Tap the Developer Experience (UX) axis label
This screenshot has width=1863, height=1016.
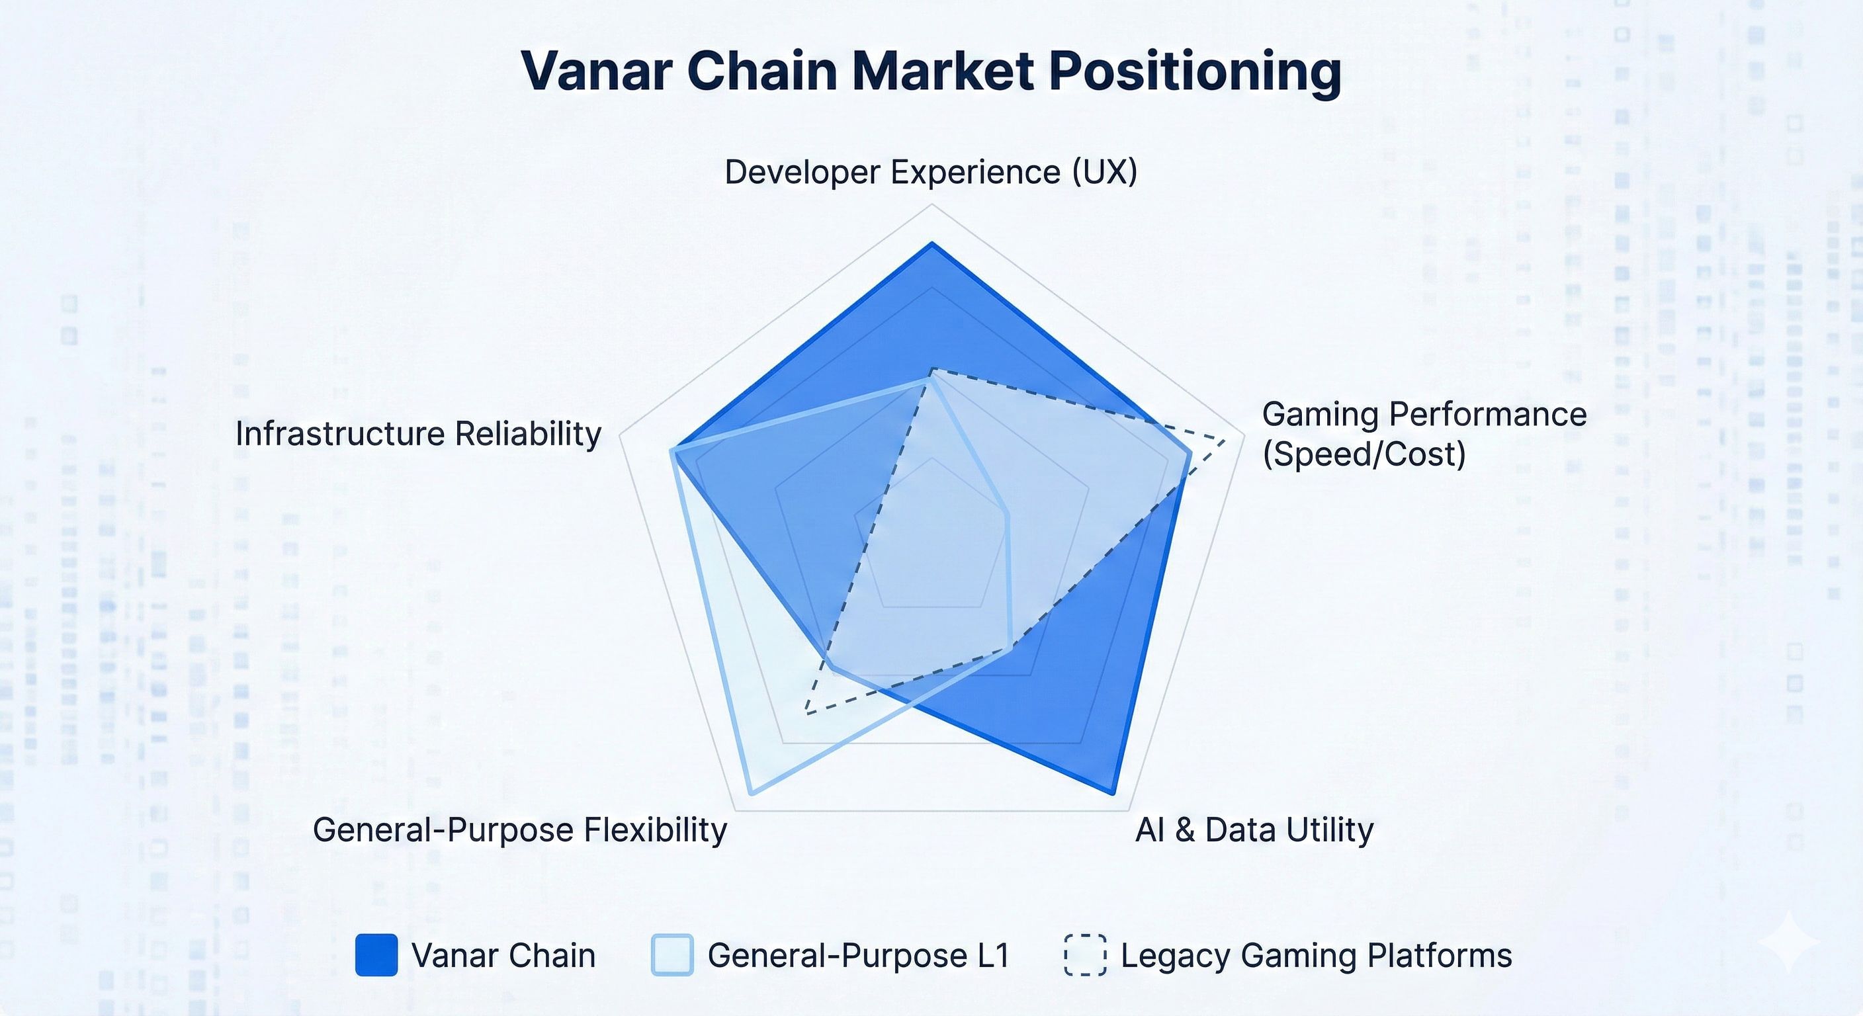coord(931,172)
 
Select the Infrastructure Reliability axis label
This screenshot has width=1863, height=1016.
coord(418,434)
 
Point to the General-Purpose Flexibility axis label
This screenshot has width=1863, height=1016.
coord(519,829)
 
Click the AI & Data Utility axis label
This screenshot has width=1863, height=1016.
coord(1254,829)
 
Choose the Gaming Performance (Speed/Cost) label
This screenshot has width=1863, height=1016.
coord(1423,434)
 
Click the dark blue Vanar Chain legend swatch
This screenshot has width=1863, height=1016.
coord(376,954)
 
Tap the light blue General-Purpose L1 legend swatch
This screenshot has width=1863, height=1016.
coord(672,954)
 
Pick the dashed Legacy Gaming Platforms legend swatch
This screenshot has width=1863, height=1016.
coord(1085,954)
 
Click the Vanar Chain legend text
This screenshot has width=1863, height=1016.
coord(503,955)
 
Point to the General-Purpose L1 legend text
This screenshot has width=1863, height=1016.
coord(859,955)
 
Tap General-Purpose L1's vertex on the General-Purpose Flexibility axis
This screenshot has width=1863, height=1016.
coord(752,793)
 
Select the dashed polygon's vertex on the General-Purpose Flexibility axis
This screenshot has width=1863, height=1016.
coord(806,714)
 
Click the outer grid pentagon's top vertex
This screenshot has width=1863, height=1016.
coord(931,204)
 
